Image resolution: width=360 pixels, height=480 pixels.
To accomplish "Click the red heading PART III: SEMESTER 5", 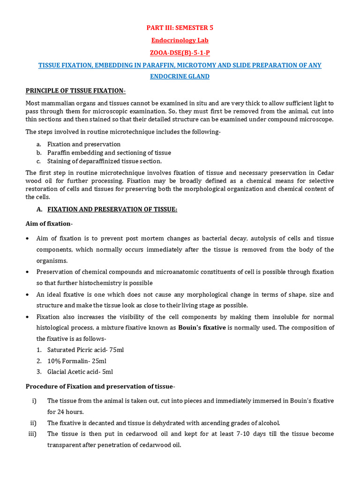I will point(180,28).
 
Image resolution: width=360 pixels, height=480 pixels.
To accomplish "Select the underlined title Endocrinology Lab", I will point(180,40).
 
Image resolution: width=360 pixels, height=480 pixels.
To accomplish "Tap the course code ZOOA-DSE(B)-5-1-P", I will point(180,53).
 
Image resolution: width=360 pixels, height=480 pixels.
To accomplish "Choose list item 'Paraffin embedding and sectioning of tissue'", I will point(109,153).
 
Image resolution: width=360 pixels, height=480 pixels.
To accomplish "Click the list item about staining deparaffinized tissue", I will point(104,161).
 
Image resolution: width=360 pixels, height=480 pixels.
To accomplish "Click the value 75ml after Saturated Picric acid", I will point(116,350).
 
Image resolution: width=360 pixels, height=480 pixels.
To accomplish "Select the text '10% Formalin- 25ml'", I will point(77,361).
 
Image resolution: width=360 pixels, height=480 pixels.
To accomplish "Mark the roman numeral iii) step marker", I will point(32,434).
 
